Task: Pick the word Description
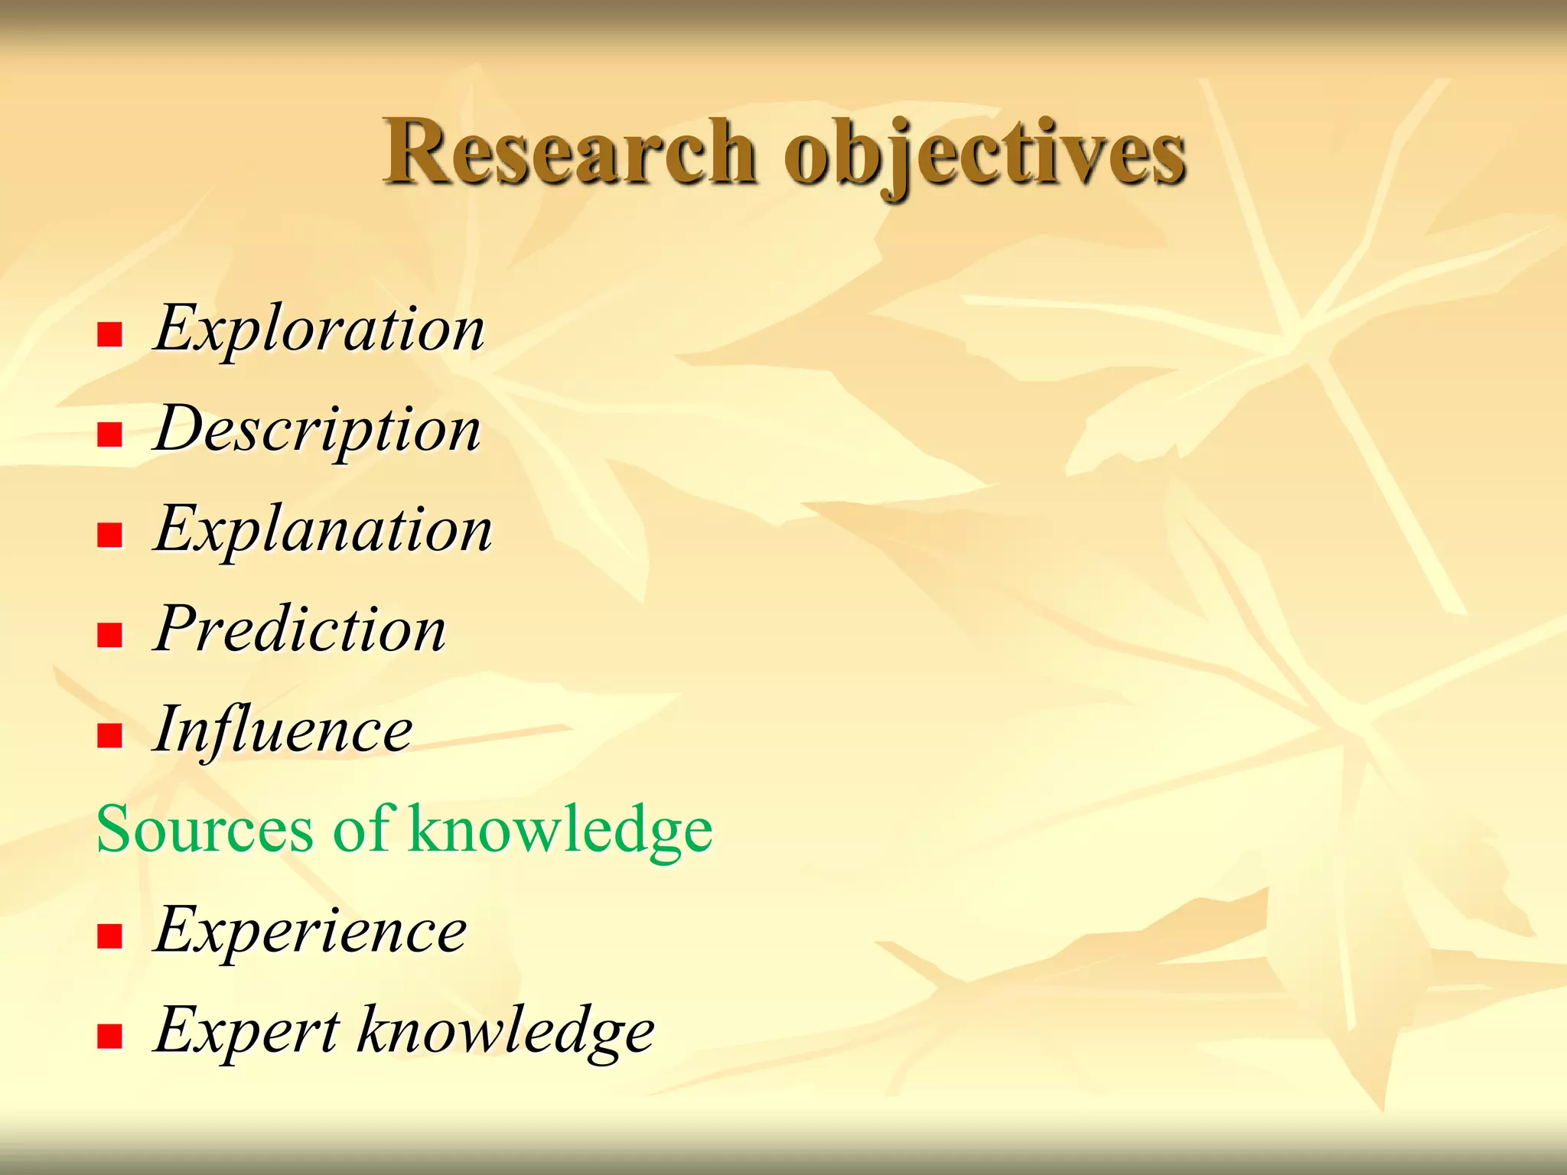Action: click(318, 430)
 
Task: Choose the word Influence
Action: click(283, 730)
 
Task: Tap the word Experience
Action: click(310, 930)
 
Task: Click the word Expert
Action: click(246, 1030)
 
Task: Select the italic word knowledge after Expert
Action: click(507, 1030)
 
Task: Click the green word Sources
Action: click(205, 829)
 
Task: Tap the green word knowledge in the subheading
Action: click(561, 829)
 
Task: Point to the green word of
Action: click(363, 829)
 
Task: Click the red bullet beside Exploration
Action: click(110, 335)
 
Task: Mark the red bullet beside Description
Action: click(110, 435)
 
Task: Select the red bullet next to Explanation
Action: click(110, 535)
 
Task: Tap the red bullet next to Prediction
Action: click(110, 636)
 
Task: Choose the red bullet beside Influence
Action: click(110, 736)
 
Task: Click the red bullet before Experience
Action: click(110, 936)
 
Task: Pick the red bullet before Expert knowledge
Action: click(110, 1037)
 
